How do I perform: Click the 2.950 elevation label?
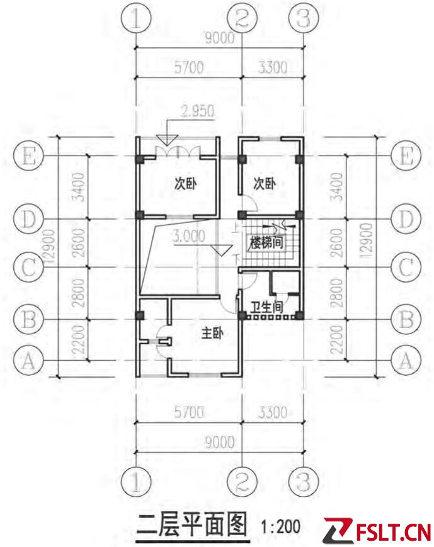(197, 111)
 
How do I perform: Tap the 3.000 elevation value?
(188, 237)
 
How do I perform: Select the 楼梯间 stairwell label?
(266, 242)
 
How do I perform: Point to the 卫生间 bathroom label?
(266, 307)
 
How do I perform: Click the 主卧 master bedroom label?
(212, 333)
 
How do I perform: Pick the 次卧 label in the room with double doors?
(185, 184)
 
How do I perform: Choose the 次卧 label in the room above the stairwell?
(265, 184)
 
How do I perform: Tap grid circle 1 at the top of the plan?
(136, 18)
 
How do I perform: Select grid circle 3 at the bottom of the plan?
(304, 482)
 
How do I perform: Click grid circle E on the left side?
(28, 156)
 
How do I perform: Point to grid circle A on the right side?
(406, 360)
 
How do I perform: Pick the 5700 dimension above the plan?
(189, 67)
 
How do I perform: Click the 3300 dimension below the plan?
(273, 413)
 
